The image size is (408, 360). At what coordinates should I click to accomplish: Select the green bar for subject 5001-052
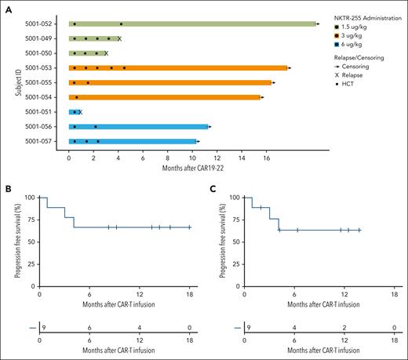[x=191, y=24]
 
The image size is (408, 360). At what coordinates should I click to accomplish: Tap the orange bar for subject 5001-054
[x=165, y=97]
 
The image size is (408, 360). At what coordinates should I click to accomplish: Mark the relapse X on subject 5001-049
[x=119, y=38]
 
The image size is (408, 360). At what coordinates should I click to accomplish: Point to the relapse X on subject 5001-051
[x=80, y=112]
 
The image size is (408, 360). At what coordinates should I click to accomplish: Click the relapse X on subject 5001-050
[x=106, y=53]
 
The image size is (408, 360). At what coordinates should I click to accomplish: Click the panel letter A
[x=7, y=7]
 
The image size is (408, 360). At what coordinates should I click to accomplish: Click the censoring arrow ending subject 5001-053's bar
[x=290, y=68]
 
